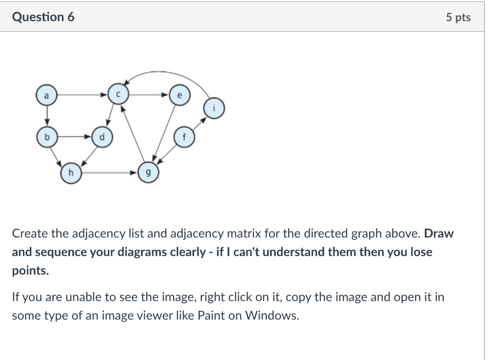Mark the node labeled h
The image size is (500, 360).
pyautogui.click(x=71, y=172)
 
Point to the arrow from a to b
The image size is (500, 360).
pyautogui.click(x=46, y=116)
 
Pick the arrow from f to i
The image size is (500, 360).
pyautogui.click(x=200, y=123)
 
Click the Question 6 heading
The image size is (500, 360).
pyautogui.click(x=43, y=17)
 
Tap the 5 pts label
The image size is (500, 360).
pyautogui.click(x=458, y=18)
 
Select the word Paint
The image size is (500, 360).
pyautogui.click(x=210, y=315)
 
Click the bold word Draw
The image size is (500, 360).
pyautogui.click(x=439, y=233)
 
